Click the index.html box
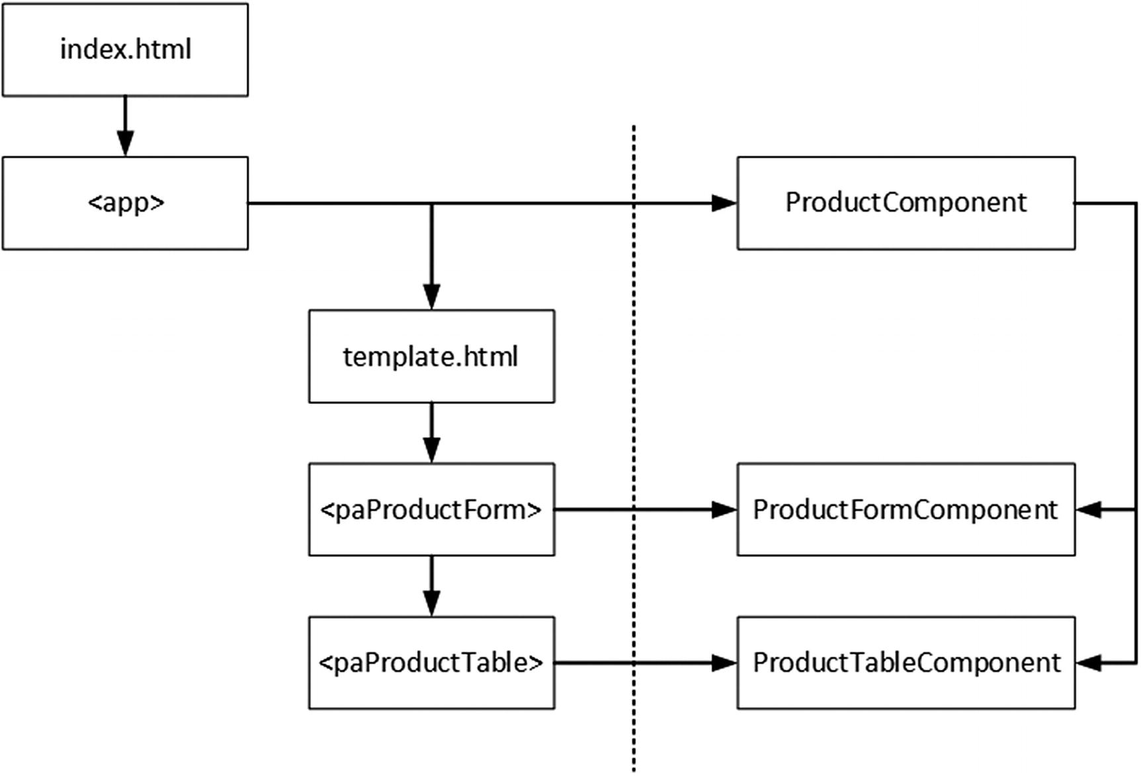(125, 50)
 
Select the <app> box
(125, 203)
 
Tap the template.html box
(431, 356)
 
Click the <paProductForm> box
(431, 509)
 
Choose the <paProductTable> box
(431, 663)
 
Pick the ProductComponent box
(906, 203)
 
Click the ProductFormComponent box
(906, 509)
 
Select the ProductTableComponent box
(906, 663)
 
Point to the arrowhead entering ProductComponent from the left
(724, 203)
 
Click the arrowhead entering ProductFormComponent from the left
(724, 510)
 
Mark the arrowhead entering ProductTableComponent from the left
(724, 663)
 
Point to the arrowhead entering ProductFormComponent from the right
(1089, 510)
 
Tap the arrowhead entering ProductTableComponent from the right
(1089, 663)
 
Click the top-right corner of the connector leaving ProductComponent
(1135, 203)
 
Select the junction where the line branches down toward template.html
(431, 203)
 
